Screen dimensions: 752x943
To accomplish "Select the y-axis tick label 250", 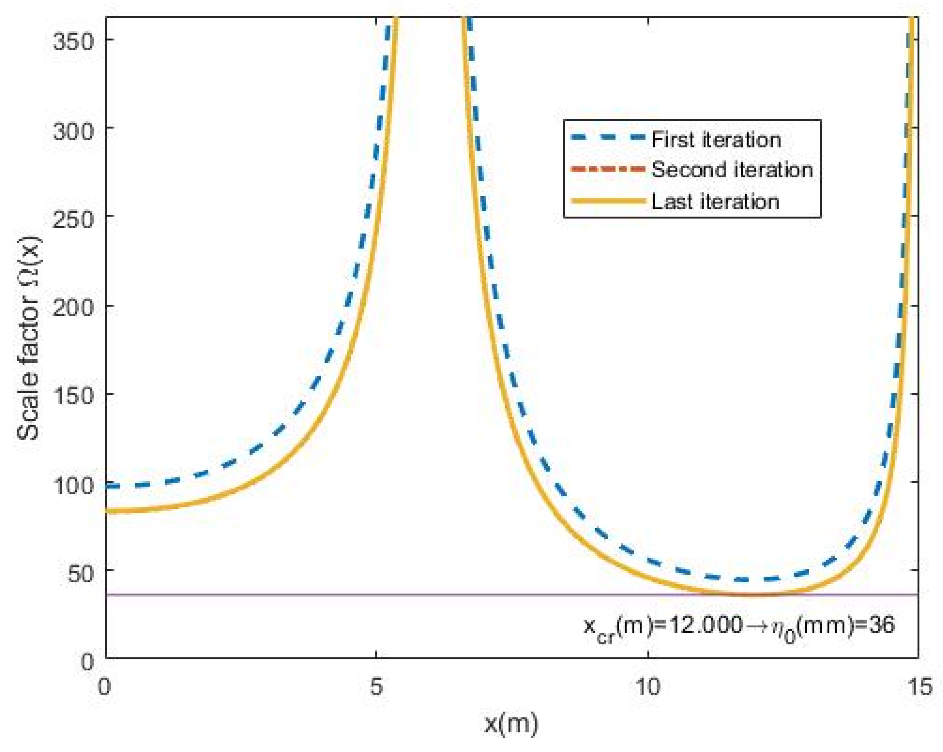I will (x=73, y=218).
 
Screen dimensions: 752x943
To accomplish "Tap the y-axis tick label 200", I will (x=73, y=308).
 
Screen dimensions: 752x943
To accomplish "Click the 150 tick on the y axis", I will (x=73, y=396).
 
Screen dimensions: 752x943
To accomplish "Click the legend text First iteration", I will (x=716, y=140).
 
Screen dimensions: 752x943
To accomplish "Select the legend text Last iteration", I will (x=715, y=202).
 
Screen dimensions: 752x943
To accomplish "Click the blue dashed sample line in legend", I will (x=608, y=138).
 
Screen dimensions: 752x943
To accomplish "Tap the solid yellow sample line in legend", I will (x=608, y=201).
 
